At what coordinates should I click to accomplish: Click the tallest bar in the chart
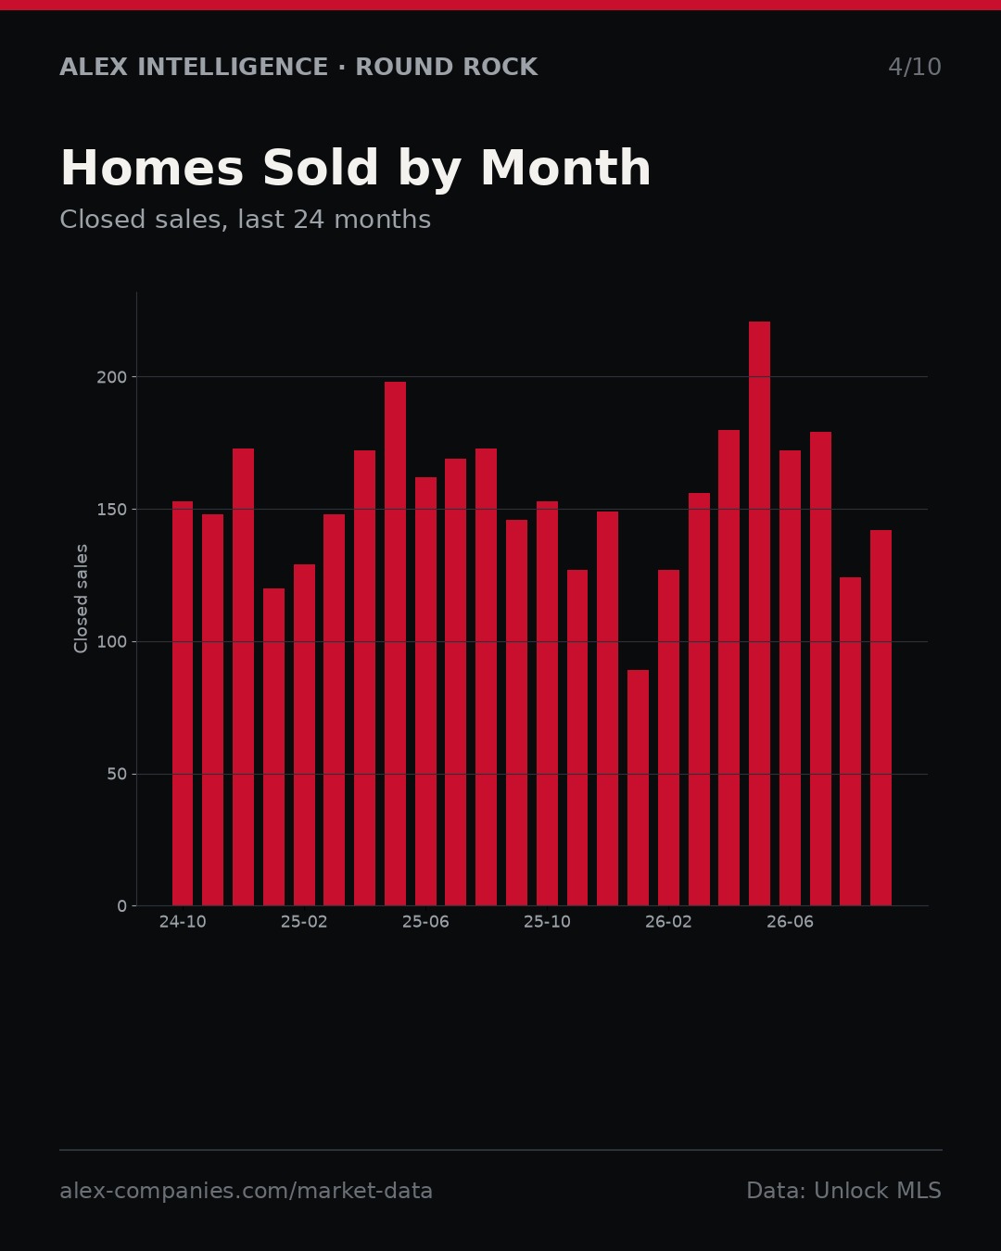tap(759, 613)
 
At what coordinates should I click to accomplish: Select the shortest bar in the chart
tap(638, 788)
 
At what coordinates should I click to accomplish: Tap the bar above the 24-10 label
tap(182, 703)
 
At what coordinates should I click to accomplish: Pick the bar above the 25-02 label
tap(304, 735)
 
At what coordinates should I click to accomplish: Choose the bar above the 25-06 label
tap(425, 691)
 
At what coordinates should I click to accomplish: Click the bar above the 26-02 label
tap(668, 738)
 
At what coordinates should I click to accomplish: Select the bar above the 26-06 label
tap(790, 677)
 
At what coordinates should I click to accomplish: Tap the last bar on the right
tap(881, 718)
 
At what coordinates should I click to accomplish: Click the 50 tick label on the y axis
tap(117, 775)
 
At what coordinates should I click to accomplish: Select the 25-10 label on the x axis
tap(547, 922)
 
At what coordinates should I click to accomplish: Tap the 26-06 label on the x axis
tap(790, 922)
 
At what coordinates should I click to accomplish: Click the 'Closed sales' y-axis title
tap(81, 599)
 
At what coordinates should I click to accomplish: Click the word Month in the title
tap(565, 168)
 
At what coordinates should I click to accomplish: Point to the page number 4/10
tap(914, 67)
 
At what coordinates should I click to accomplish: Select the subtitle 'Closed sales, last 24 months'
tap(245, 220)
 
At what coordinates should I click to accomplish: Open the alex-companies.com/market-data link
tap(246, 1191)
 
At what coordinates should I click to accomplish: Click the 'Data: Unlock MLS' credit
tap(844, 1190)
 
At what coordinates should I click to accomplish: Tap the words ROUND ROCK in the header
tap(446, 67)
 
